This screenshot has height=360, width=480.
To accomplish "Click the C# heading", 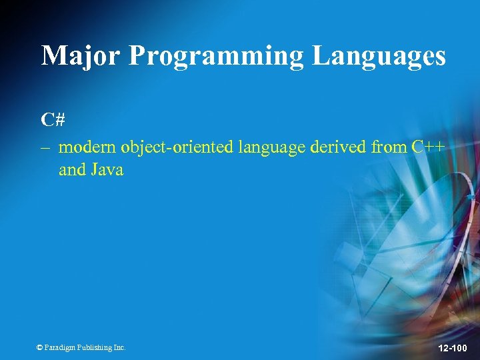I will (x=53, y=120).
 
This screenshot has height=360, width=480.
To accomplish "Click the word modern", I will (x=87, y=147).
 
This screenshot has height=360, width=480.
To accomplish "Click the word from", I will (x=389, y=147).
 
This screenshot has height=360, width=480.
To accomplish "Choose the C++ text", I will (x=428, y=147).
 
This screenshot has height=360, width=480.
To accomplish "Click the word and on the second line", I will (x=73, y=170).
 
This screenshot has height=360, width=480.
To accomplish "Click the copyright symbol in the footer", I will (x=40, y=347).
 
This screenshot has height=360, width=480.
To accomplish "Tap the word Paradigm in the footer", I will (x=60, y=347).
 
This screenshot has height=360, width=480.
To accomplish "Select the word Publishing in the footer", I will (x=95, y=347).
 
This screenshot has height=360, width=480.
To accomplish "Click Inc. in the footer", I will (x=119, y=347).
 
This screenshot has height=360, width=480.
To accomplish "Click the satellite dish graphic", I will (x=400, y=267).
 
